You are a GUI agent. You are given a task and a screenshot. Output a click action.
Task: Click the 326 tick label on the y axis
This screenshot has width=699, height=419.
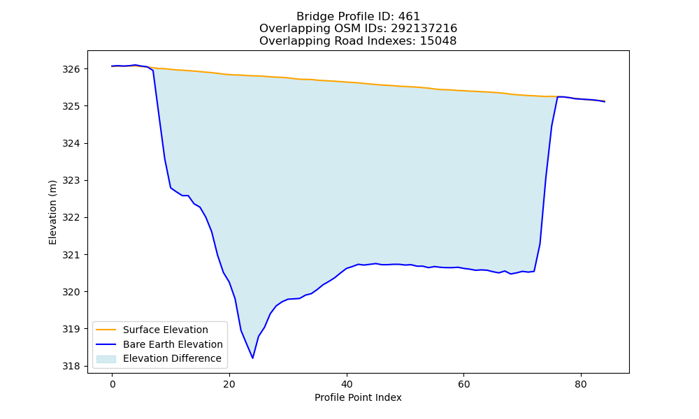point(71,69)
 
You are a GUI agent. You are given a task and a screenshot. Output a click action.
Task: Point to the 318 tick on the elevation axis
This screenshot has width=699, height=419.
point(71,367)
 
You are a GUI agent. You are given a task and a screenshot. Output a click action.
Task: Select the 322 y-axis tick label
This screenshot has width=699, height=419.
point(71,218)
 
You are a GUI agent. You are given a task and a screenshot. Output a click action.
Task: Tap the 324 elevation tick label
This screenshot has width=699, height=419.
point(71,143)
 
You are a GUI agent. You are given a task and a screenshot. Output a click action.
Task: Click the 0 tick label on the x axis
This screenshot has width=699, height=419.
point(113,385)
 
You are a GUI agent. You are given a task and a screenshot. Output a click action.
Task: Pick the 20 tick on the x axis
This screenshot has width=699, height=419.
point(229,385)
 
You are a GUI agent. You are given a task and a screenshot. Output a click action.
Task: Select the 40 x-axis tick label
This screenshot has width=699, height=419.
point(347,385)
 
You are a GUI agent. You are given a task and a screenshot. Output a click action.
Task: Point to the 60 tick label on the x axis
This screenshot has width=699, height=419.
point(463,385)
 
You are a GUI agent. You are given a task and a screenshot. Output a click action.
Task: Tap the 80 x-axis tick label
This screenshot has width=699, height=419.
point(581,385)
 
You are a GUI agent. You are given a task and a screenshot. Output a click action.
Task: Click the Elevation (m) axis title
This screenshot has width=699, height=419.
point(52,212)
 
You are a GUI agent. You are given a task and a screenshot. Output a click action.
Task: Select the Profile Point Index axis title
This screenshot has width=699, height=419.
point(358,397)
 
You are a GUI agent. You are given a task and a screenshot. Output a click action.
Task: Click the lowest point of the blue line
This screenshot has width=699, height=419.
point(253,358)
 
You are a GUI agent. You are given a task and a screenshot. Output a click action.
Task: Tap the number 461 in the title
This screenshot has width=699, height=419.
point(409,17)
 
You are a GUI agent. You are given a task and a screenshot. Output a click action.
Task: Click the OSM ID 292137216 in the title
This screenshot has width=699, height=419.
point(424,29)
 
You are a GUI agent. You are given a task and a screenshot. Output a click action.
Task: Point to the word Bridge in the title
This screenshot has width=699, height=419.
point(312,17)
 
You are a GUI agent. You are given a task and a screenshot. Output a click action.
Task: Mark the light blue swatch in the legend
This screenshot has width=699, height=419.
point(106,359)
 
